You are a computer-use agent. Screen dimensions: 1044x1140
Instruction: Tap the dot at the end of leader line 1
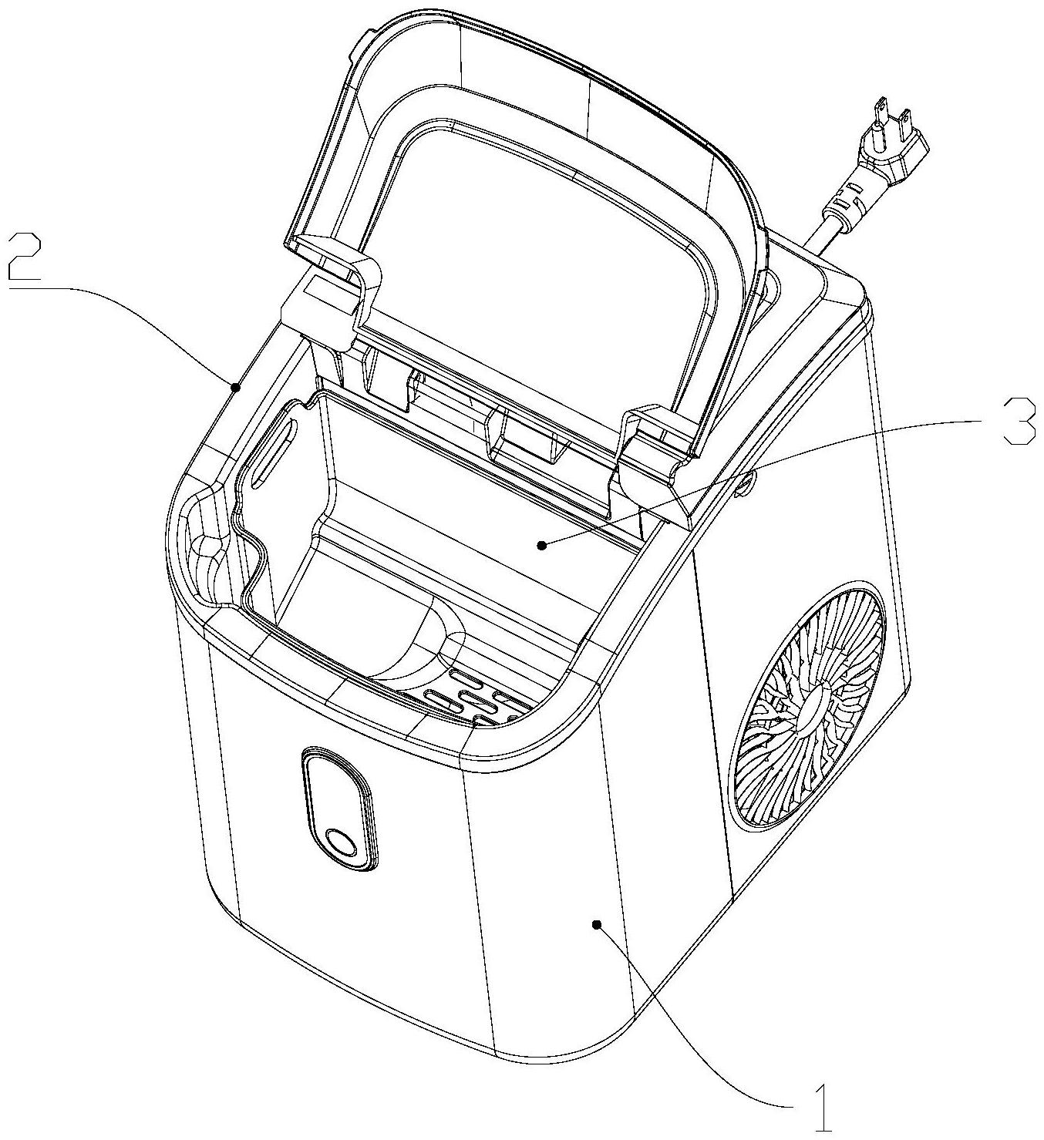coord(596,923)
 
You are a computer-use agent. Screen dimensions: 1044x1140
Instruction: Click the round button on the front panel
coord(339,842)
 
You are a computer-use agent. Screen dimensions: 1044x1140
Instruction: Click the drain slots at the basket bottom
coord(470,698)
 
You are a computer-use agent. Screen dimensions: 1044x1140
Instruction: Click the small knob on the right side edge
coord(747,484)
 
